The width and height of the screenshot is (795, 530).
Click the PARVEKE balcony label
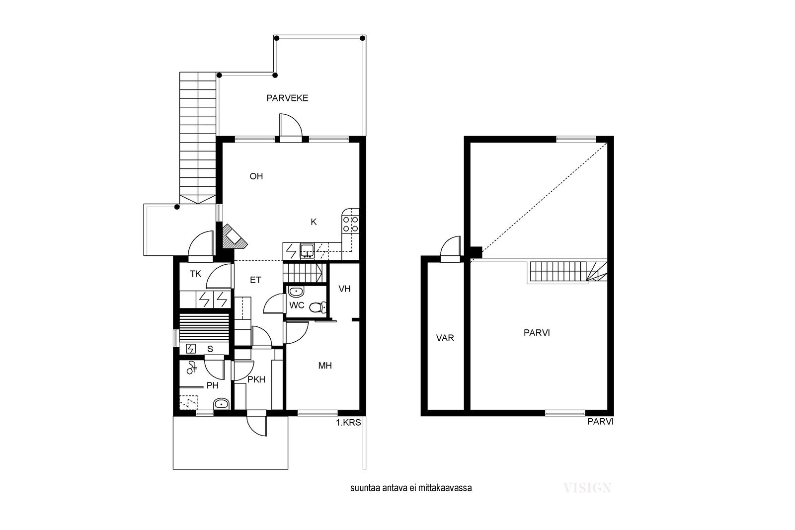[287, 98]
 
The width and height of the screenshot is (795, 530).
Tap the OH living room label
[256, 176]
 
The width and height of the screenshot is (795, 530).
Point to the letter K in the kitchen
[314, 222]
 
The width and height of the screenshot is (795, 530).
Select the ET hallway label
[255, 280]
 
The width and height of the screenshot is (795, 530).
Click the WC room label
[297, 305]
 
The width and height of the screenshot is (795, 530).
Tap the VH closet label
[345, 289]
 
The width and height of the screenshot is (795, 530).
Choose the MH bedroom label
[325, 366]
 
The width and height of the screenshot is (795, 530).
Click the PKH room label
[256, 379]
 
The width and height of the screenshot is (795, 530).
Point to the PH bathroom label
[213, 385]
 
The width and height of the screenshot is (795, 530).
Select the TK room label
[196, 274]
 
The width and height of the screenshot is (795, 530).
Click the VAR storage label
[445, 338]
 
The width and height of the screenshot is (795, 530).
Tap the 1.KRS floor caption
[348, 423]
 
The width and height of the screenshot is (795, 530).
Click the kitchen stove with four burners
[350, 224]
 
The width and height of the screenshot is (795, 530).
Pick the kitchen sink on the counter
[307, 251]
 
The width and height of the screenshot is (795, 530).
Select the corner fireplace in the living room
[233, 236]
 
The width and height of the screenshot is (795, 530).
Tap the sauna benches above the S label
[204, 328]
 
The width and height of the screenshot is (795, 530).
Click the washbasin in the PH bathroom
[222, 404]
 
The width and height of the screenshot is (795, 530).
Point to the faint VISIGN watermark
[587, 488]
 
